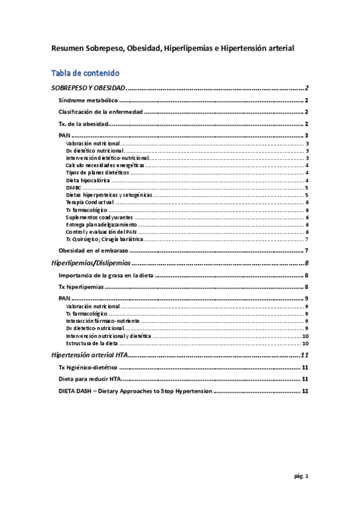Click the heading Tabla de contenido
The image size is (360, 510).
click(89, 73)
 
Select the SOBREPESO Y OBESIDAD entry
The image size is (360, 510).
click(87, 88)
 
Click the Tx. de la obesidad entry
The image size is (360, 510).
click(82, 124)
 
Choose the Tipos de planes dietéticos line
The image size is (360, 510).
click(97, 173)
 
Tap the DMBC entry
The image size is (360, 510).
click(73, 188)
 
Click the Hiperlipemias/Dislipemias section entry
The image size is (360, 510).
click(90, 263)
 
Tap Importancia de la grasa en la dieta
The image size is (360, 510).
click(106, 275)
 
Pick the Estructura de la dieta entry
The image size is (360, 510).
click(92, 343)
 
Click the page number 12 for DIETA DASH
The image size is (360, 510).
click(305, 391)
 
